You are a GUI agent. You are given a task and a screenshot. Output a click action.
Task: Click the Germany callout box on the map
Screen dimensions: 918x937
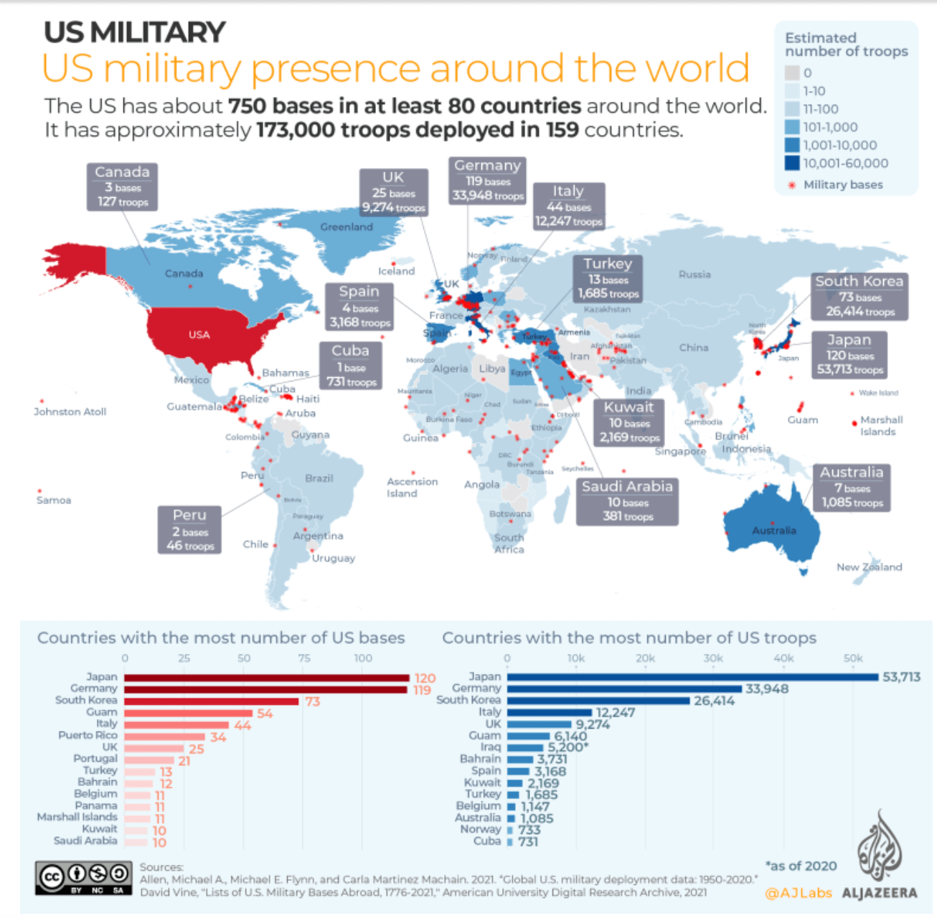point(487,180)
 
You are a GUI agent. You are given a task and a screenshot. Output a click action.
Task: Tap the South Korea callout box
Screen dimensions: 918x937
point(860,295)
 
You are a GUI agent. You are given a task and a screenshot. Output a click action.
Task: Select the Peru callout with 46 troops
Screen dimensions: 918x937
point(189,530)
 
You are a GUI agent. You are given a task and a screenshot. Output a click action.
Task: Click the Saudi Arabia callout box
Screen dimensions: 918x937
point(627,501)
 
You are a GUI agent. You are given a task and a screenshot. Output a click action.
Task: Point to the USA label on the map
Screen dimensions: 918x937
point(199,335)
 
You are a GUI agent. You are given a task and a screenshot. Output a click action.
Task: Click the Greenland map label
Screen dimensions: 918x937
point(347,227)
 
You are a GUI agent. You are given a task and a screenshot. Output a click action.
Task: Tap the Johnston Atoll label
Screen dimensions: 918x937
point(70,412)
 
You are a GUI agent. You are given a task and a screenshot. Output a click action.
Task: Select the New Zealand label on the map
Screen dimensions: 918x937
point(869,567)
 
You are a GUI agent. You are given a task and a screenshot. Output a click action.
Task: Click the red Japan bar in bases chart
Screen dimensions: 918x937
point(266,678)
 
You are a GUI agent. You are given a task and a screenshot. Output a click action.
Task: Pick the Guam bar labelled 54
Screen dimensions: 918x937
point(188,713)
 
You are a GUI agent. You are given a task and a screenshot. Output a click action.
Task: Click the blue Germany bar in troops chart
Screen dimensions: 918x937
point(624,689)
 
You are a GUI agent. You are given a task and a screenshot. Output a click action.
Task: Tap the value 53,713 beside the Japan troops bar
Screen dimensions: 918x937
point(901,677)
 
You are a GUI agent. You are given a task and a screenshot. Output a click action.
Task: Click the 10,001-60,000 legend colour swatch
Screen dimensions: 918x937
point(792,163)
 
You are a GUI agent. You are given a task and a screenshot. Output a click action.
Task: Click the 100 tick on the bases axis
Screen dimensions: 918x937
point(363,658)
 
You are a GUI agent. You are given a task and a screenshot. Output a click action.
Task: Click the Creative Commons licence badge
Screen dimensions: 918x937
point(84,878)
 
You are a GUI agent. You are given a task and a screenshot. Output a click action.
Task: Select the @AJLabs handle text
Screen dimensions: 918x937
point(799,893)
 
